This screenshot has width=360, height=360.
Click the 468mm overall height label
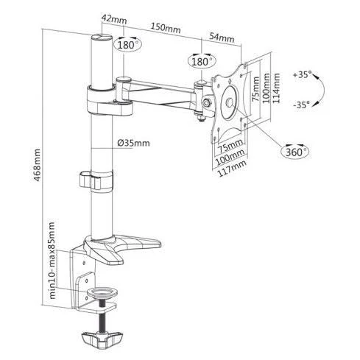point(37,165)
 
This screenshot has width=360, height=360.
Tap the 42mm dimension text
point(114,19)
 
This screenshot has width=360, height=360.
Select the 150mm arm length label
point(166,28)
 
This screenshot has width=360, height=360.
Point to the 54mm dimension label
point(222,38)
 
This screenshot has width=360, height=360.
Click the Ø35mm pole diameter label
point(133,143)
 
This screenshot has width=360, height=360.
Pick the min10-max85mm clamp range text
point(52,261)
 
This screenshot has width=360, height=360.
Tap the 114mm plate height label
point(276,88)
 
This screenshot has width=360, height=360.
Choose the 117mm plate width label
point(232,169)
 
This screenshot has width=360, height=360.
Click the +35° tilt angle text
point(302,74)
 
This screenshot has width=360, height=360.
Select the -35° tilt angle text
point(301,105)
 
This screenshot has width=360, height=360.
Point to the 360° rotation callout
point(296,152)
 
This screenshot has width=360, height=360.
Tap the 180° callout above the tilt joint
point(202,61)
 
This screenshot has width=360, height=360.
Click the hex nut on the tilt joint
point(205,102)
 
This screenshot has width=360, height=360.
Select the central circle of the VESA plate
point(230,102)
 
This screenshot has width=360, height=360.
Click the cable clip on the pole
point(96,180)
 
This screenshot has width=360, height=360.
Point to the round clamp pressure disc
point(102,293)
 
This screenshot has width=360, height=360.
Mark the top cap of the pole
point(102,38)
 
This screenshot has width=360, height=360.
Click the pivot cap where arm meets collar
point(124,79)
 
